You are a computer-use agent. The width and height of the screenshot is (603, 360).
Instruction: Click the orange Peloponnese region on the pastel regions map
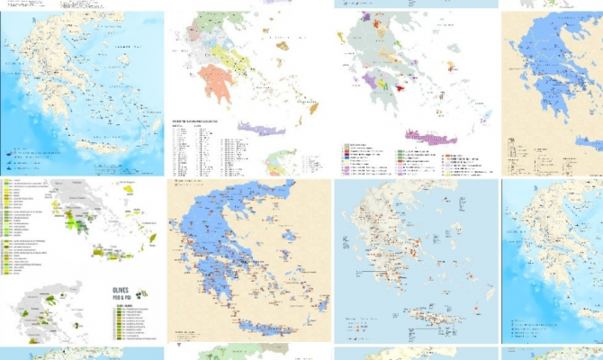(x=219, y=85)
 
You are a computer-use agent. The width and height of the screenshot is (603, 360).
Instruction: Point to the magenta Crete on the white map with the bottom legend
(x=430, y=137)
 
